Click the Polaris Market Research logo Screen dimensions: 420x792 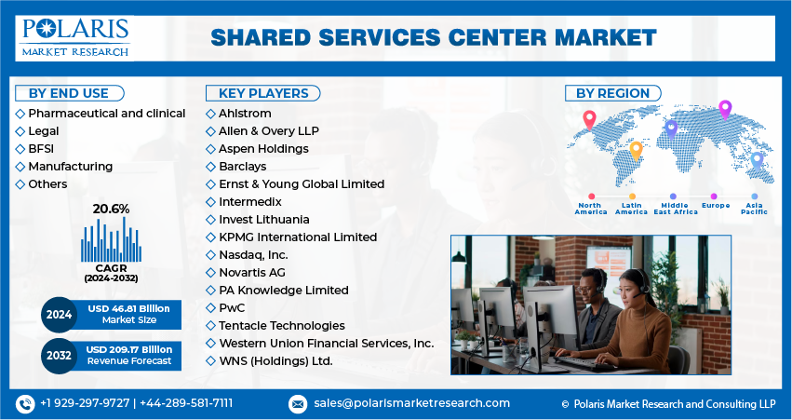(75, 37)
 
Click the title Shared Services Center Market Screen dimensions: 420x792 (433, 38)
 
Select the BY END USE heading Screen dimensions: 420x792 (68, 93)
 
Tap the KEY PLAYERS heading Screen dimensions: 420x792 (262, 93)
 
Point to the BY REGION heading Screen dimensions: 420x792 (612, 93)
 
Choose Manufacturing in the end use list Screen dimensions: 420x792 (70, 166)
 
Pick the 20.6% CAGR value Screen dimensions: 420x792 (111, 209)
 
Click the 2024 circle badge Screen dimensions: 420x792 (58, 315)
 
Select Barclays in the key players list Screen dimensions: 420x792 (242, 166)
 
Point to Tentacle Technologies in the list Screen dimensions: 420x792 (281, 325)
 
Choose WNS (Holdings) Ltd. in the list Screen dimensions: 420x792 (275, 360)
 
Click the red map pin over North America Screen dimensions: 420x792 (588, 118)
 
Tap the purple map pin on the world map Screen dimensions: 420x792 (725, 108)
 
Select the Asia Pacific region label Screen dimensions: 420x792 (754, 209)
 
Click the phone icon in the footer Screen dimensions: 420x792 (25, 403)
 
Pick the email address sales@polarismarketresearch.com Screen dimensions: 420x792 (410, 403)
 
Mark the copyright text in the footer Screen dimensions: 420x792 (668, 404)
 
